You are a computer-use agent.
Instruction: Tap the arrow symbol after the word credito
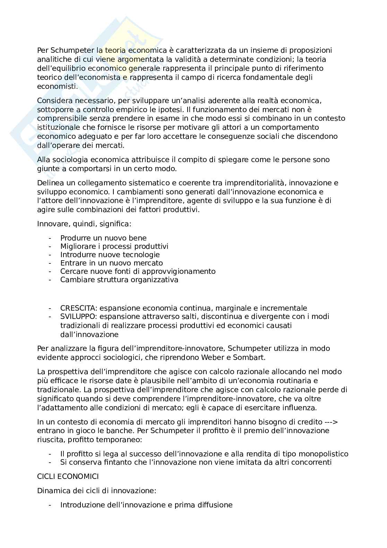tap(332, 422)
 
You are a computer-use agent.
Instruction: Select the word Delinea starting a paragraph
tap(50, 183)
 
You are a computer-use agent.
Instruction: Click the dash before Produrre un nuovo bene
tap(51, 238)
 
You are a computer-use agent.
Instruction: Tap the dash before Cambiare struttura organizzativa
tap(51, 280)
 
